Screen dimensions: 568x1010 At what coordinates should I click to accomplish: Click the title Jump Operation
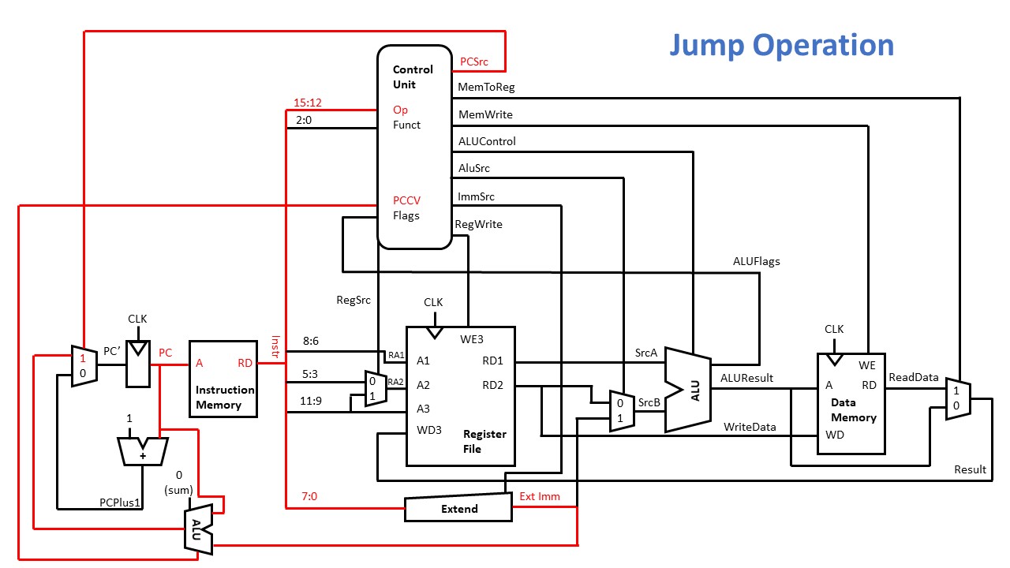point(781,45)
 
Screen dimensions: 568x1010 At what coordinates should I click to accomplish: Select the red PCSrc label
point(478,61)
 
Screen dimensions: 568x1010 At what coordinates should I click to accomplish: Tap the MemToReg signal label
point(486,88)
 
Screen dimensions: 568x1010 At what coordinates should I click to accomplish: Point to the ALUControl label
point(487,141)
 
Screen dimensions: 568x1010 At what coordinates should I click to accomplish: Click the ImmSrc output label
point(477,196)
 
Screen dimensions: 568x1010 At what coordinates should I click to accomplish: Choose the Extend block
point(458,509)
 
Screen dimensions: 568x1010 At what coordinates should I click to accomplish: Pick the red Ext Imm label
point(538,496)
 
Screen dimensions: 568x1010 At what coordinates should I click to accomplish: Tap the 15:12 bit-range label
point(308,103)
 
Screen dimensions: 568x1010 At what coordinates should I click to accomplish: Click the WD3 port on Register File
point(428,430)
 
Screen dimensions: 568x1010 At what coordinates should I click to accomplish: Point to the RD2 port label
point(493,385)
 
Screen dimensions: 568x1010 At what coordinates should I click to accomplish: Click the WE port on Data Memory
point(866,365)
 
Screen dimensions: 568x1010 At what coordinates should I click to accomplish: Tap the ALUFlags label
point(756,261)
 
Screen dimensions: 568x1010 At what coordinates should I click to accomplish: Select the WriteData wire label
point(750,427)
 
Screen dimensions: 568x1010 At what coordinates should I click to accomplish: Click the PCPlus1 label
point(121,502)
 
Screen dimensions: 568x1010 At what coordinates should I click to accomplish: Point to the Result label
point(970,469)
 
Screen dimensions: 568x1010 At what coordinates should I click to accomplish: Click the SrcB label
point(649,402)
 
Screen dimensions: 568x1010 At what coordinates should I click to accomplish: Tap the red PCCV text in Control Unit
point(407,200)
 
